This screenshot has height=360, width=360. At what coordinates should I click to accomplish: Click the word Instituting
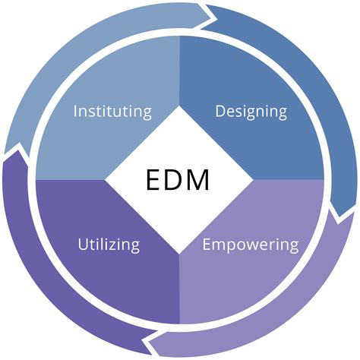pyautogui.click(x=112, y=112)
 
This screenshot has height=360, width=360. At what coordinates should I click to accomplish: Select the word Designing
pyautogui.click(x=251, y=112)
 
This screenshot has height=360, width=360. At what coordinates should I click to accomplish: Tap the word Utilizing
pyautogui.click(x=109, y=245)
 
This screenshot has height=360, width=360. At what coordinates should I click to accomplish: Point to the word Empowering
pyautogui.click(x=251, y=245)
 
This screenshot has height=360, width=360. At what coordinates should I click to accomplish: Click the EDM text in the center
pyautogui.click(x=179, y=179)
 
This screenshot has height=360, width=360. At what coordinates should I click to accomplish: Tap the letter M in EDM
pyautogui.click(x=207, y=179)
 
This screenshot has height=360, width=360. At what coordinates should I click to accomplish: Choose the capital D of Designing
pyautogui.click(x=221, y=112)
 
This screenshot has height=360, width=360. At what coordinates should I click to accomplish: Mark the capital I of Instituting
pyautogui.click(x=75, y=112)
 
